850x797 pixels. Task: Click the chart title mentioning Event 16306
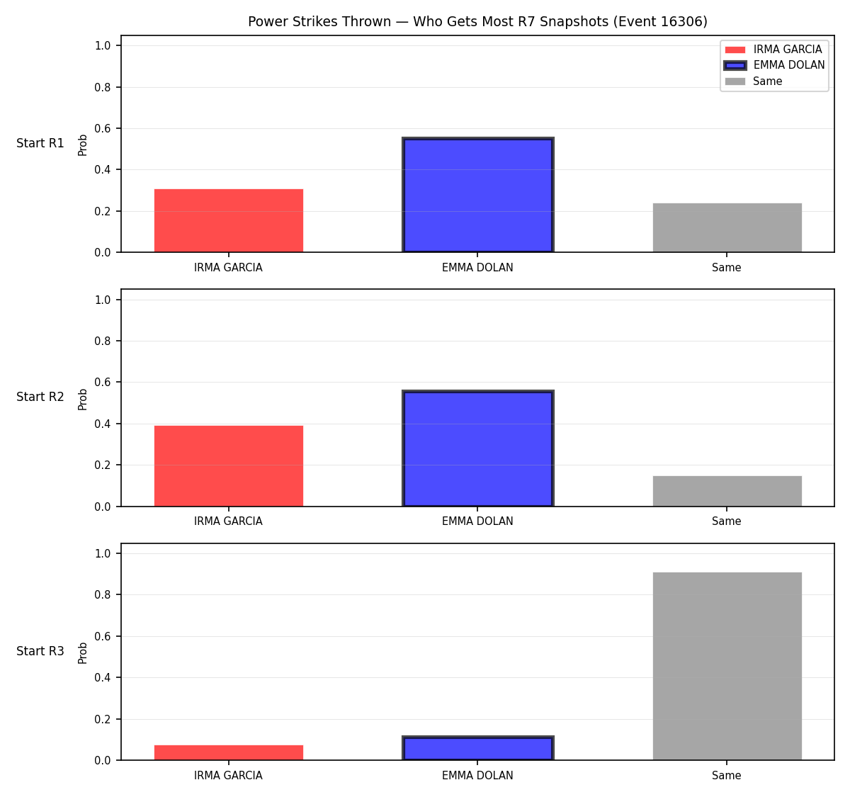click(x=477, y=21)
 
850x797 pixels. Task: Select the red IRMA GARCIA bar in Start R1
click(x=229, y=220)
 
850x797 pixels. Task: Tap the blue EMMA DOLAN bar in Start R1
click(x=477, y=195)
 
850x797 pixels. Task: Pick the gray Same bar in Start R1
click(x=727, y=228)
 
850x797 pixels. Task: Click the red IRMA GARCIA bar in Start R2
click(x=229, y=466)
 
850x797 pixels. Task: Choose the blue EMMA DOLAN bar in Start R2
click(x=477, y=448)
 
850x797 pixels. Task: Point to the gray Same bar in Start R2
click(x=727, y=491)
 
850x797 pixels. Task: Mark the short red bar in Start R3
click(x=229, y=753)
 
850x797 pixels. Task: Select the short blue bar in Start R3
click(x=477, y=748)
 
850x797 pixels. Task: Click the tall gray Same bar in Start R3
click(x=727, y=667)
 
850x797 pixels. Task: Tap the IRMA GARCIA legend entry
click(x=773, y=50)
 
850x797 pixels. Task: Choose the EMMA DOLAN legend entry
click(x=774, y=65)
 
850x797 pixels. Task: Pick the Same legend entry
click(x=753, y=81)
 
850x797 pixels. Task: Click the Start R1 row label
click(x=40, y=143)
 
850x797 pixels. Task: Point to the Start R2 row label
click(x=40, y=397)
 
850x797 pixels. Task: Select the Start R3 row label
click(x=40, y=651)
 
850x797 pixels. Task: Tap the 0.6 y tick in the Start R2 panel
click(x=103, y=382)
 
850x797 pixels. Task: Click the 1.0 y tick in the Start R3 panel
click(x=103, y=553)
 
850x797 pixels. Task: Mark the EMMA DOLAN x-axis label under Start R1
click(x=477, y=268)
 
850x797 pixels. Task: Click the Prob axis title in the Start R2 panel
click(x=83, y=399)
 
